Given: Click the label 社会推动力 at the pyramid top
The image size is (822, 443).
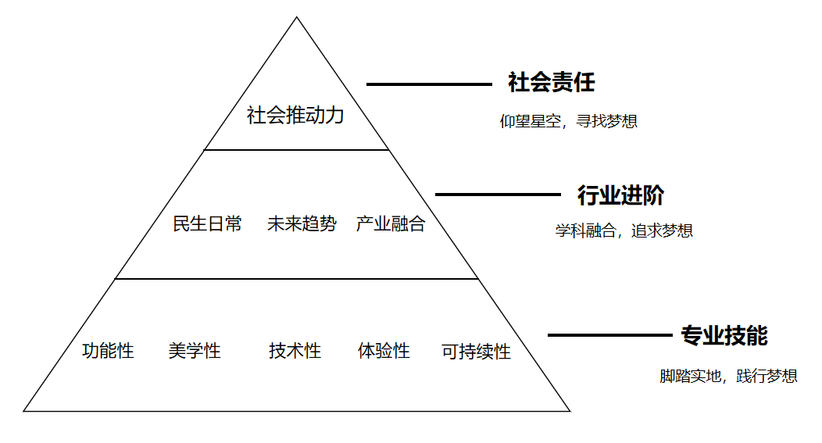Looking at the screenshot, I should click(x=295, y=116).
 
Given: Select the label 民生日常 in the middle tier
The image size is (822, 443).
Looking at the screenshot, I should click(x=207, y=224).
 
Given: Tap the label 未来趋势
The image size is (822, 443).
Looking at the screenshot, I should click(x=301, y=224).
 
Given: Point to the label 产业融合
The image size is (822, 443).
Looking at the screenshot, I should click(x=391, y=224).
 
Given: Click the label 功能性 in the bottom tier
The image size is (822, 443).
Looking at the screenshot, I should click(x=108, y=351).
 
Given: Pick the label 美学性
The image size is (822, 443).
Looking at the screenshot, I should click(x=195, y=351).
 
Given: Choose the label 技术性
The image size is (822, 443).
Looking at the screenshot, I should click(x=295, y=351).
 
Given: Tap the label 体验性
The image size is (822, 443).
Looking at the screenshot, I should click(x=384, y=351).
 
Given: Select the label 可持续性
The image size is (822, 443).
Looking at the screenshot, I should click(x=476, y=352).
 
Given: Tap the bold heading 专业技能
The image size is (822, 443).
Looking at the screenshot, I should click(x=724, y=336).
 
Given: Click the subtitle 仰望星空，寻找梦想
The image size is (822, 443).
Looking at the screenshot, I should click(x=569, y=122).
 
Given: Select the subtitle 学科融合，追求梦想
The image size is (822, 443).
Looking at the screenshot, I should click(x=624, y=231).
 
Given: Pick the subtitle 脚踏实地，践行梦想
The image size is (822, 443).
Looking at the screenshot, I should click(x=728, y=377).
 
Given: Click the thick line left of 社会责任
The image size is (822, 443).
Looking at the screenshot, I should click(x=429, y=84).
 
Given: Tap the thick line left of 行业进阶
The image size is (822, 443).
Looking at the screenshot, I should click(x=498, y=194).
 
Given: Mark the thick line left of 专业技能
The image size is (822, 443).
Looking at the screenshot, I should click(x=609, y=335).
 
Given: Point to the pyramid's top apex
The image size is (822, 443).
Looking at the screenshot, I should click(x=297, y=18).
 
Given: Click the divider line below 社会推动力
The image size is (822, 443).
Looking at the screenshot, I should click(x=296, y=149).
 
